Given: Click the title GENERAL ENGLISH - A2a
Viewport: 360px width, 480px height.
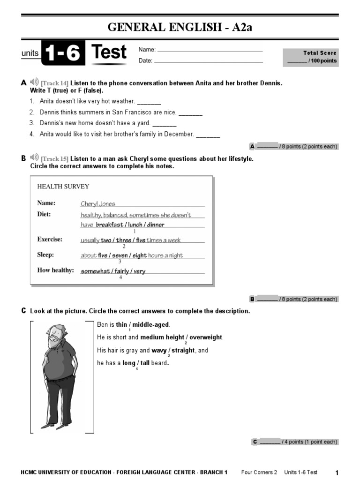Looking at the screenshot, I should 180,27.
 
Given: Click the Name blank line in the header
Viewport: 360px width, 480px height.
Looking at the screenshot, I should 210,50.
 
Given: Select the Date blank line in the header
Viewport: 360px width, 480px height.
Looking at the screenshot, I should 209,61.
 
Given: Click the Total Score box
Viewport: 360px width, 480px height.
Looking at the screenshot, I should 310,57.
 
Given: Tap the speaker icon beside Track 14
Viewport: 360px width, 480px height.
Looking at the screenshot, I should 34,83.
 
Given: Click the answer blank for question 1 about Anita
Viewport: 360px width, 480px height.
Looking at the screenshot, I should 149,102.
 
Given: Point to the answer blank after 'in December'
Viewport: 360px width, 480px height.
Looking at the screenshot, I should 208,135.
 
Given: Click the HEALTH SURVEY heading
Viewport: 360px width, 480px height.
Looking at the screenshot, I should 63,187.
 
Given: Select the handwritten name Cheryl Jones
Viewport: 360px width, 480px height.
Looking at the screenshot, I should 98,204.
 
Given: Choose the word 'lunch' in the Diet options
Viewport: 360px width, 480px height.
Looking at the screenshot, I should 135,225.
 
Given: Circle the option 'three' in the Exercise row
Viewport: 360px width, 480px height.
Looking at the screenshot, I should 124,240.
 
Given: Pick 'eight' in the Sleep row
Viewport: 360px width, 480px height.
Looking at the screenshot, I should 140,256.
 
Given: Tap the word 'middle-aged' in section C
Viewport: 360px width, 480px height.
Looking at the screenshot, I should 150,325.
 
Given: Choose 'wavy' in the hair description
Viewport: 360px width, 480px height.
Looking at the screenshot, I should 159,350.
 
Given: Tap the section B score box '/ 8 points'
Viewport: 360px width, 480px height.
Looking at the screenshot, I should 293,299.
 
